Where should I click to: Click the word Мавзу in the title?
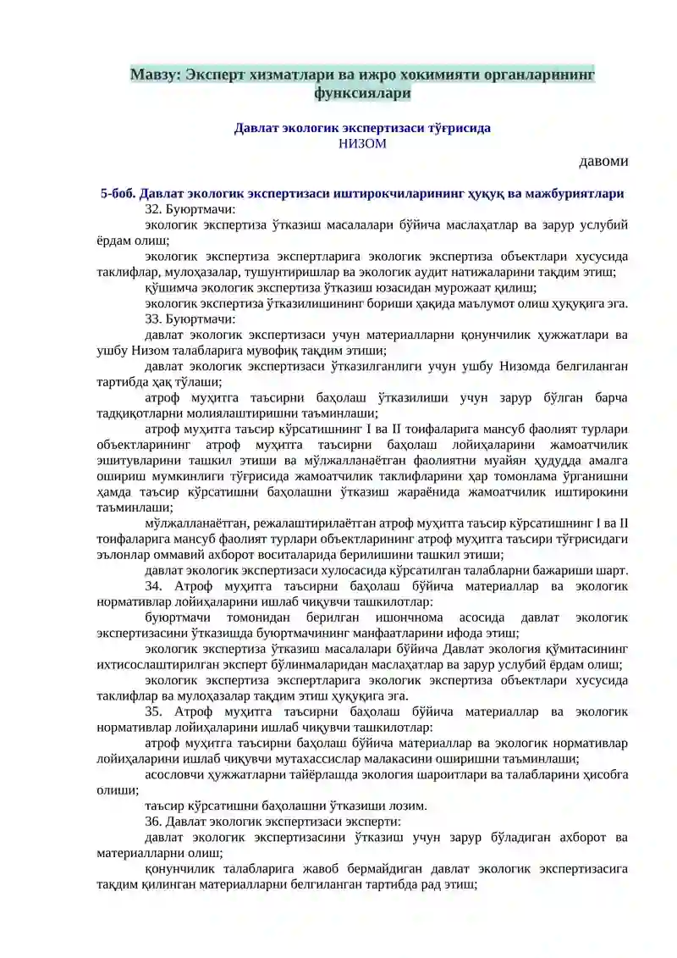click(x=152, y=75)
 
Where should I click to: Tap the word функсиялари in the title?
click(x=362, y=93)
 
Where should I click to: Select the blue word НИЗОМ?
click(x=362, y=144)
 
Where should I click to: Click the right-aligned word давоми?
click(x=603, y=161)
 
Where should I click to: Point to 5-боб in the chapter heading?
click(x=117, y=193)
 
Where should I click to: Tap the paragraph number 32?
click(x=153, y=208)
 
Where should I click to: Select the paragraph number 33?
click(x=153, y=319)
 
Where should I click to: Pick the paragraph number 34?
click(x=153, y=586)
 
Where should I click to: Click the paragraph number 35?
click(x=153, y=711)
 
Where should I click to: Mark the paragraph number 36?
click(x=153, y=822)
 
